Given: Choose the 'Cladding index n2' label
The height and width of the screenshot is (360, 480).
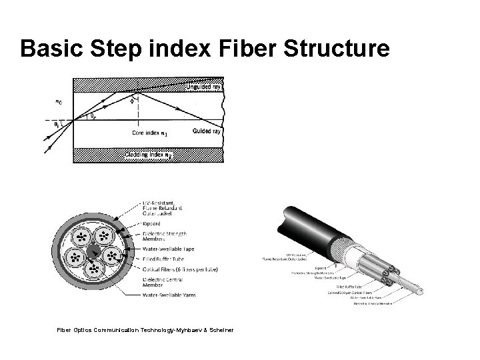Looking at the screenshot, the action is point(147,155).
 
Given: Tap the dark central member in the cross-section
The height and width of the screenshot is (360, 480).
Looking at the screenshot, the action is point(93,253).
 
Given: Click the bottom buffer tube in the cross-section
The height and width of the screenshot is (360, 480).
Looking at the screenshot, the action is point(93,270).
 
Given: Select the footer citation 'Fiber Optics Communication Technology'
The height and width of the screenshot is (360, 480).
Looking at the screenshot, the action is point(107,329).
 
